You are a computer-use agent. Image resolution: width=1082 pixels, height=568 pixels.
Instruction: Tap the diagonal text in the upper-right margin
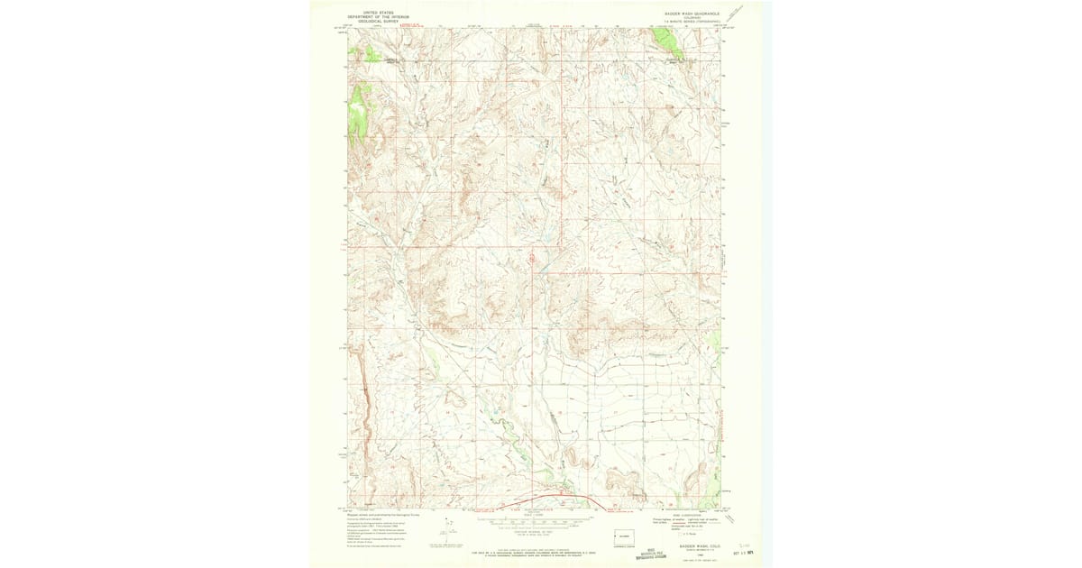pos(738,13)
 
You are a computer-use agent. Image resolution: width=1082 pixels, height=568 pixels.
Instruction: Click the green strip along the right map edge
pos(717,343)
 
